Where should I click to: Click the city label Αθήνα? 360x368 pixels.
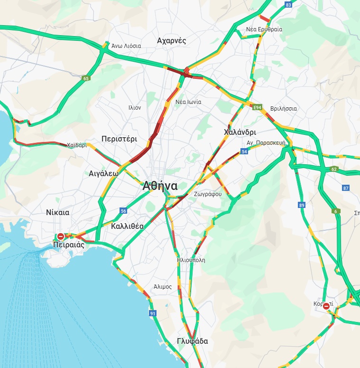click(x=160, y=186)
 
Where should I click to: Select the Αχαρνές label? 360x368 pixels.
click(x=171, y=41)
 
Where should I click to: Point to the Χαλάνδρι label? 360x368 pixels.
click(x=240, y=132)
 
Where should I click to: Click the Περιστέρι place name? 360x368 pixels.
click(x=119, y=139)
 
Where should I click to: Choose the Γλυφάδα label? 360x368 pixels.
click(x=192, y=341)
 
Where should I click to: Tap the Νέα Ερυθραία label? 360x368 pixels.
click(x=264, y=29)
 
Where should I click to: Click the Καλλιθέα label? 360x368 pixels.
click(x=127, y=226)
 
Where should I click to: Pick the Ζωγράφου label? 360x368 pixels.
click(x=207, y=194)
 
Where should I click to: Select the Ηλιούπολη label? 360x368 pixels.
click(x=191, y=260)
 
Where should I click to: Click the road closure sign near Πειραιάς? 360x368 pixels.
click(x=61, y=236)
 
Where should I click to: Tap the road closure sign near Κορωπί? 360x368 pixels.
click(x=326, y=307)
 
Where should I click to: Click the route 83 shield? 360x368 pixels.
click(x=288, y=5)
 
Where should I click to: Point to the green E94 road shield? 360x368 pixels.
click(x=258, y=108)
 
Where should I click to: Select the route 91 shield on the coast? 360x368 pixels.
click(x=152, y=313)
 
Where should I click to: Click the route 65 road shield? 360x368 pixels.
click(x=85, y=78)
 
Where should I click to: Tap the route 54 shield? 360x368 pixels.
click(x=244, y=151)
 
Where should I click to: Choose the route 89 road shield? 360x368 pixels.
click(x=302, y=205)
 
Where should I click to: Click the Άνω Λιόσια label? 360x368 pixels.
click(x=126, y=46)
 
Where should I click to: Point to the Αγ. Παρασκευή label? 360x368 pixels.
click(x=266, y=142)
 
